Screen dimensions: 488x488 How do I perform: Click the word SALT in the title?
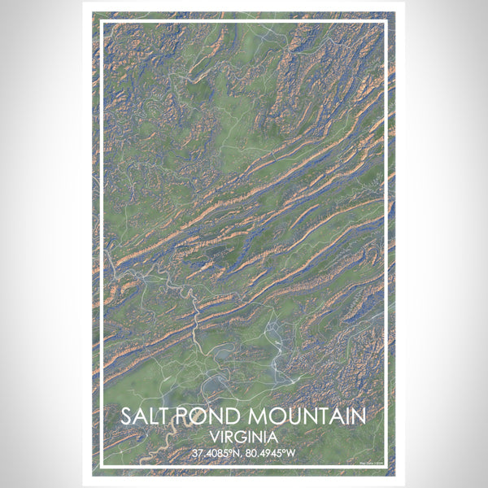pyautogui.click(x=145, y=416)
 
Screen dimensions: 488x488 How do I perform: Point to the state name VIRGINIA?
pyautogui.click(x=243, y=435)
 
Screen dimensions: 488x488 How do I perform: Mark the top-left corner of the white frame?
pyautogui.click(x=102, y=23)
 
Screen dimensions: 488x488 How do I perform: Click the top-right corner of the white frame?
pyautogui.click(x=385, y=23)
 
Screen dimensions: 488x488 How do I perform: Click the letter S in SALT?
pyautogui.click(x=128, y=416)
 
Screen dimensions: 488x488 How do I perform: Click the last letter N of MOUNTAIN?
pyautogui.click(x=357, y=416)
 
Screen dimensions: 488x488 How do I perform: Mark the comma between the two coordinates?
pyautogui.click(x=244, y=455)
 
